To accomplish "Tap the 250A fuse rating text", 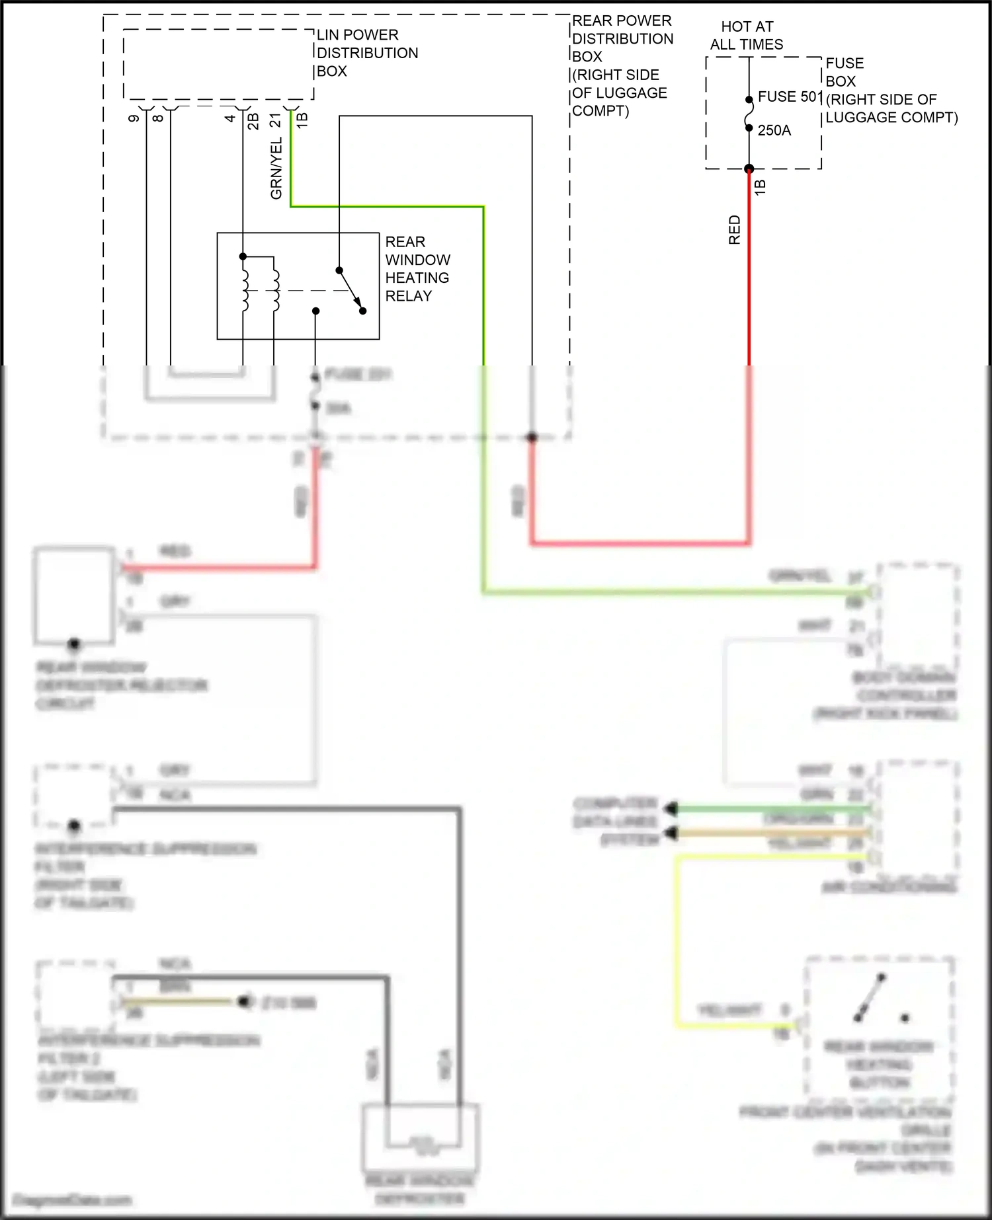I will [774, 130].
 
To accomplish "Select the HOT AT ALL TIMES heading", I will [747, 36].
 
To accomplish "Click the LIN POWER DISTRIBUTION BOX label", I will [367, 53].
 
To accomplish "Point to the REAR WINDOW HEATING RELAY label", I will [417, 269].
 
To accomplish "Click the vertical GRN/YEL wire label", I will [276, 169].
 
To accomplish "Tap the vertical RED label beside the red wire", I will [735, 229].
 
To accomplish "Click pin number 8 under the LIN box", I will [158, 118].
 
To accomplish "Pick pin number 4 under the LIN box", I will [229, 118].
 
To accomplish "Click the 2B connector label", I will [253, 121].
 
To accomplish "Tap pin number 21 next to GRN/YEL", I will [276, 120].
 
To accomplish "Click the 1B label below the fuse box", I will [760, 187].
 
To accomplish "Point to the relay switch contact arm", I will [351, 290].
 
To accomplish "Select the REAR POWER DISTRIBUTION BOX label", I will [622, 65].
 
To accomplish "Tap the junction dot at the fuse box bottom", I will [749, 169].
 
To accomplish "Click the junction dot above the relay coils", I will [243, 256].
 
